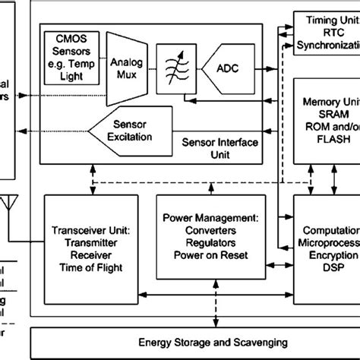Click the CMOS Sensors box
pos(72,51)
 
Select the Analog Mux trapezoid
pos(126,66)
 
